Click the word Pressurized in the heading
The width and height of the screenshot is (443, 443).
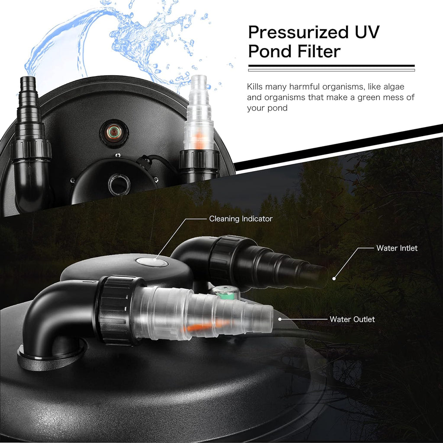point(298,33)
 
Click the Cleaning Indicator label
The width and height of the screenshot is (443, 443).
point(241,219)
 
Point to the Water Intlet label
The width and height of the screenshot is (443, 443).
point(397,248)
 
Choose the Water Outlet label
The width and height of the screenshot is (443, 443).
point(352,319)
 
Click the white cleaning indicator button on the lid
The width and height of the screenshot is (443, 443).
point(152,261)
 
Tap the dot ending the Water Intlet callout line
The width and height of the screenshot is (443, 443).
point(334,279)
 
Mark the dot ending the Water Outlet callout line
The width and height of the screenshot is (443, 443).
point(280,319)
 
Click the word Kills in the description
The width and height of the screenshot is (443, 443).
point(255,86)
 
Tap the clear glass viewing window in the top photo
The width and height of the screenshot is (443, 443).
point(119,185)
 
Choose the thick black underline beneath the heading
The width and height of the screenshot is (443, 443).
point(331,66)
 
